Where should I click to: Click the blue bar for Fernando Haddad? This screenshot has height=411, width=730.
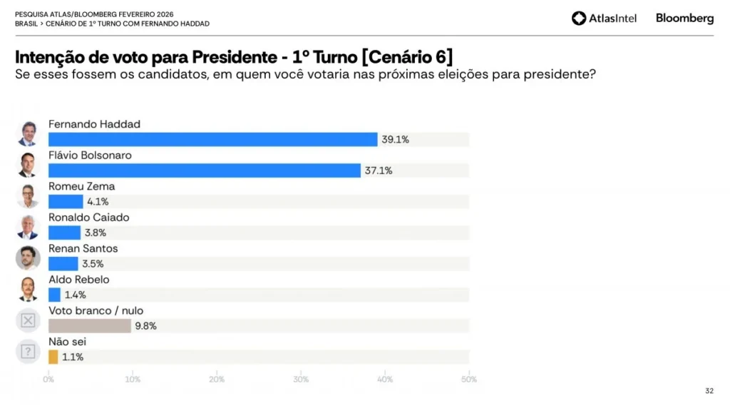click(212, 140)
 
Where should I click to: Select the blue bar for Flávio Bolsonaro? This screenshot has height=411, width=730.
click(204, 171)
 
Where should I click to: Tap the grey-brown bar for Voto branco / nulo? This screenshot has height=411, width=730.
click(90, 326)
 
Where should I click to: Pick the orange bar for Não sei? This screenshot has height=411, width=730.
click(53, 357)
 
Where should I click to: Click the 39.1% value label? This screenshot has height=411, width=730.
click(395, 140)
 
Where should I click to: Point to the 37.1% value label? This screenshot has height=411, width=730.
click(379, 171)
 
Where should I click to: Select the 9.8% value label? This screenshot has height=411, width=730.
click(145, 326)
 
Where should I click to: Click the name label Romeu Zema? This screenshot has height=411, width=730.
click(81, 186)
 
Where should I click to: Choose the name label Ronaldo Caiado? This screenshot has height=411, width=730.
click(88, 218)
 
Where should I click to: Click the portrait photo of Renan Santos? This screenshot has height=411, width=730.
click(28, 258)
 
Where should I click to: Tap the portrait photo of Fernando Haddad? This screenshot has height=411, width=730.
click(28, 133)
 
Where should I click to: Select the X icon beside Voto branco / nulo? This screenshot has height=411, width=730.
click(28, 320)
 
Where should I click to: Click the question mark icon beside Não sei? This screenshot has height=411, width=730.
click(28, 351)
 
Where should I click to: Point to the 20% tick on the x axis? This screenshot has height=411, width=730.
click(217, 380)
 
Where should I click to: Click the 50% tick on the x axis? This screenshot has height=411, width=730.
click(468, 380)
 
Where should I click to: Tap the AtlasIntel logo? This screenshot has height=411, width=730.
click(604, 19)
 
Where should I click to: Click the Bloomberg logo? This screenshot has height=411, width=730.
click(684, 19)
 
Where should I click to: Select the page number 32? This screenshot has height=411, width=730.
click(709, 390)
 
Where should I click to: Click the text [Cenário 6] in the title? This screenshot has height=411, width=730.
click(407, 57)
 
